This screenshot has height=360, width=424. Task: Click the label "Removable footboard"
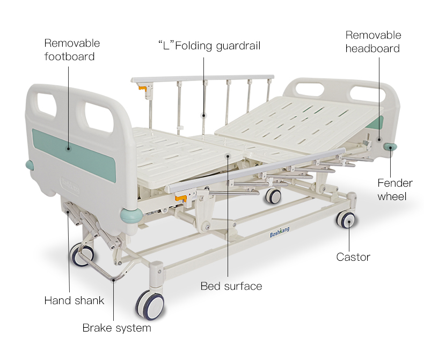72,49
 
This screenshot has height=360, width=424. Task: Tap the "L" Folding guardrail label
209,46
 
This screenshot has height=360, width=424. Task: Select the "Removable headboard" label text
373,42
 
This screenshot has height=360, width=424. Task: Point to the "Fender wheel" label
394,189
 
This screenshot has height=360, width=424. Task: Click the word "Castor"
353,257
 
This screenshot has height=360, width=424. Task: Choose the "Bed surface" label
231,286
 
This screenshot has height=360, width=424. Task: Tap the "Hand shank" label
74,300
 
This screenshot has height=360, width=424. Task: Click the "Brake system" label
116,327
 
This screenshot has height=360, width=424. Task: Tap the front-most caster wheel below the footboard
150,305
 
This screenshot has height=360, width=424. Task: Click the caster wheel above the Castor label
346,219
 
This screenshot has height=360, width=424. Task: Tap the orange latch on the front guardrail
182,199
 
